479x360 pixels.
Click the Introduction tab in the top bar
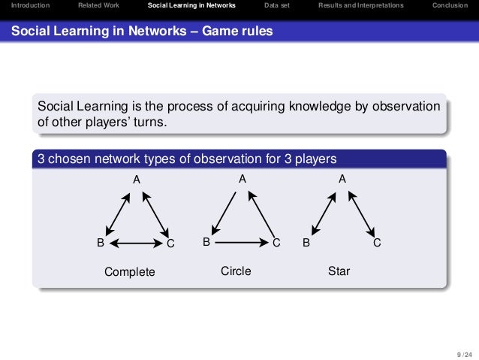tap(26, 5)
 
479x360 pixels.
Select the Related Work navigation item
tap(98, 5)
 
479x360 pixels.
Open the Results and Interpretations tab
tap(360, 5)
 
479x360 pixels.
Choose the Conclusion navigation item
tap(450, 5)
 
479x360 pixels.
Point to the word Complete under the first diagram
tap(129, 271)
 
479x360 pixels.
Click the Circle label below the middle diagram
tap(236, 271)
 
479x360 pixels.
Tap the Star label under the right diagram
tap(339, 271)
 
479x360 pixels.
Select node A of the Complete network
tap(137, 180)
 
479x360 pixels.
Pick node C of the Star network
tap(377, 243)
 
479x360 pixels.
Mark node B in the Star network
tap(306, 243)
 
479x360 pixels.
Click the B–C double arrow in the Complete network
tap(136, 243)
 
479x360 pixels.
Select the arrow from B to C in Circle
tap(240, 243)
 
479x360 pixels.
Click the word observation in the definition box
tap(402, 106)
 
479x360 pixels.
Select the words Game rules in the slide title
tap(238, 31)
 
